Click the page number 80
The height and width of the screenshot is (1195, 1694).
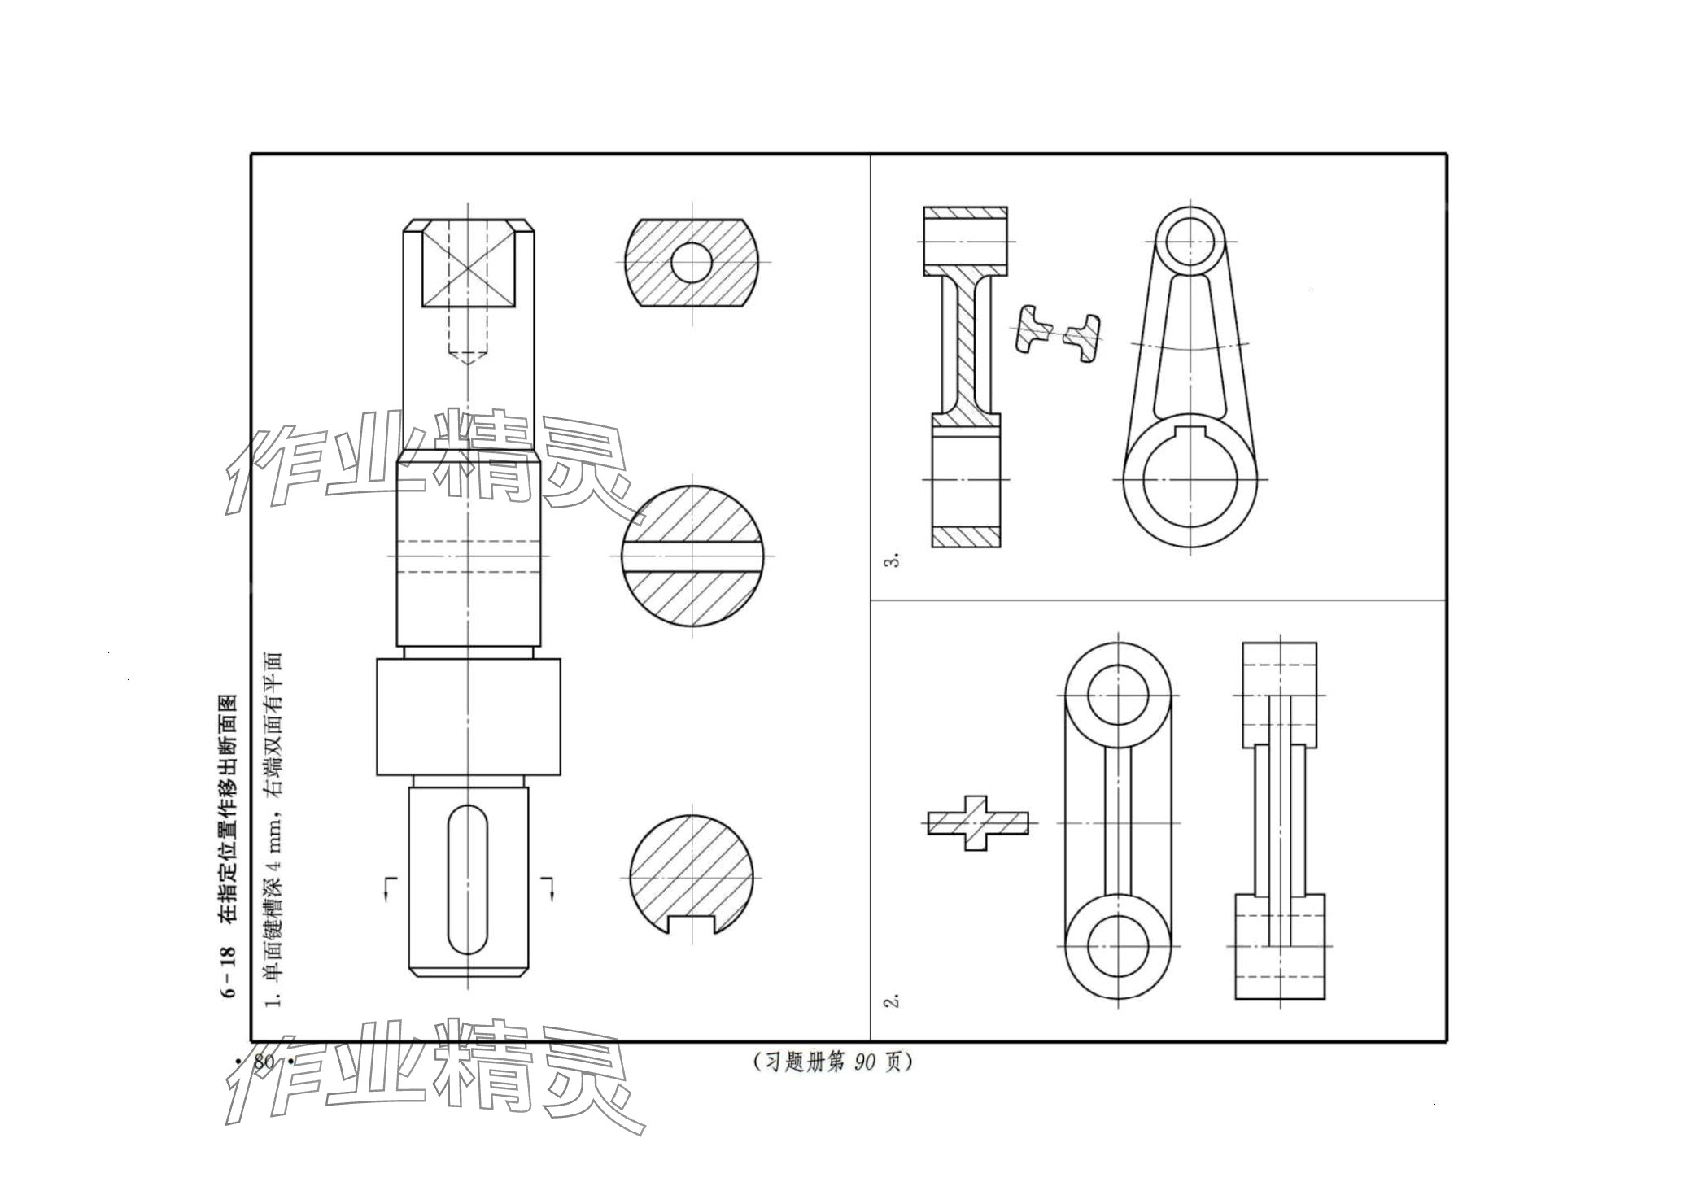tap(264, 1062)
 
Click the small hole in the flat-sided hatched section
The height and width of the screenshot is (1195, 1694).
tap(692, 262)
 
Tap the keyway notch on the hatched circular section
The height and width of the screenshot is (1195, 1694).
tap(692, 924)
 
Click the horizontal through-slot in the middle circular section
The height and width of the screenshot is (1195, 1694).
tap(692, 556)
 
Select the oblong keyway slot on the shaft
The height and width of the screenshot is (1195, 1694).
tap(468, 879)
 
